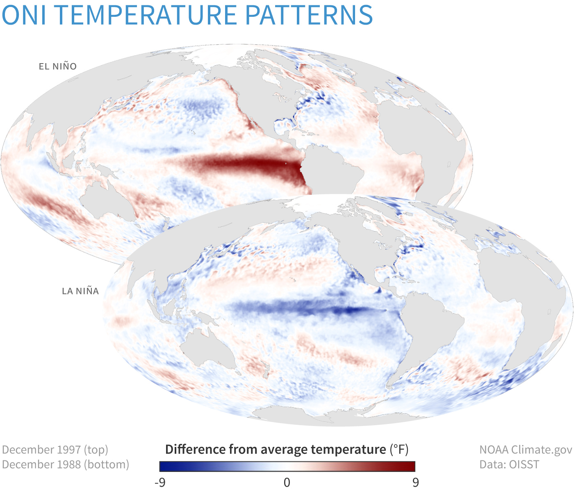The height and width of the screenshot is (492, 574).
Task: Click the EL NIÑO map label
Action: click(58, 66)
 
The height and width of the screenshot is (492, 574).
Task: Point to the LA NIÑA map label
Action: click(80, 291)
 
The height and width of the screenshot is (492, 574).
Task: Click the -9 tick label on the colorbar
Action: click(160, 482)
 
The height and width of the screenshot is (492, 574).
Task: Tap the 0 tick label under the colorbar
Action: click(287, 482)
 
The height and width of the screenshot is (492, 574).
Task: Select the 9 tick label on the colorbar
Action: click(415, 482)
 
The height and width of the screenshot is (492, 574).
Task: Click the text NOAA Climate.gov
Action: click(526, 450)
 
